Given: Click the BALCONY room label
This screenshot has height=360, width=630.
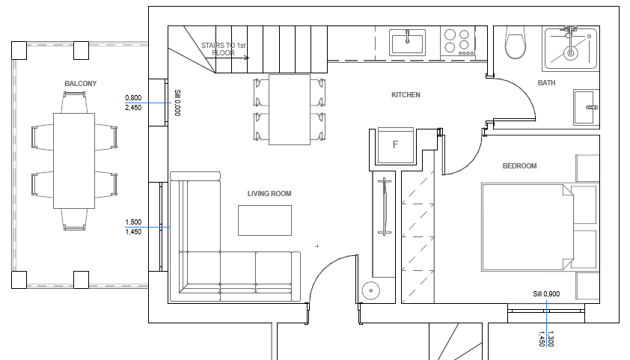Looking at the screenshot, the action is click(x=81, y=84).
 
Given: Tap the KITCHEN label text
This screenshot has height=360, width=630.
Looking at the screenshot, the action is click(x=406, y=95).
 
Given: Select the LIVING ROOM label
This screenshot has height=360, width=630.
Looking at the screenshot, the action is click(x=269, y=194).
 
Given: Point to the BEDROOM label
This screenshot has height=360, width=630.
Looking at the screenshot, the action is click(x=519, y=166).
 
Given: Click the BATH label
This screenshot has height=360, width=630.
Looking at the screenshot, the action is click(x=546, y=83).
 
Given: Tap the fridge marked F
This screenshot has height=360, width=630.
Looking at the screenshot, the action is click(x=396, y=145).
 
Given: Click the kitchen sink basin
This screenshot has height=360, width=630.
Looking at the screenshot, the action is click(x=408, y=42).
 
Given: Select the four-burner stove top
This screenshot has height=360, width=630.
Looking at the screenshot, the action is click(x=458, y=41).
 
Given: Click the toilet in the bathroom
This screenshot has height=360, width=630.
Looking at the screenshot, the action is click(x=515, y=42).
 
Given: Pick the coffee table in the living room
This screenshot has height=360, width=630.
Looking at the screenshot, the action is click(x=265, y=220).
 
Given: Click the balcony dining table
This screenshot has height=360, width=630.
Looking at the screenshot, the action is click(x=74, y=161).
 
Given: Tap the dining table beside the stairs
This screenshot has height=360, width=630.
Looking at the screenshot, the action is click(x=290, y=109).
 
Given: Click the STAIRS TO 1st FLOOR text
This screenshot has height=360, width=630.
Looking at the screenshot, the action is click(x=224, y=49).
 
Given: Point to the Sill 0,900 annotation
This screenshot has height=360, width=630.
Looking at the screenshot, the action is click(x=546, y=294).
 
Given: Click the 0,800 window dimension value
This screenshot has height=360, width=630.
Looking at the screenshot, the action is click(x=133, y=97).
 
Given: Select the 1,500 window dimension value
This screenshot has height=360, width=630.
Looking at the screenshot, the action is click(x=133, y=222).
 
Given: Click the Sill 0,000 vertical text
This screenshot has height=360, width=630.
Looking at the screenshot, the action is click(x=177, y=103).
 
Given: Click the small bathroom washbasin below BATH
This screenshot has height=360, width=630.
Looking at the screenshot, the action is click(x=586, y=107).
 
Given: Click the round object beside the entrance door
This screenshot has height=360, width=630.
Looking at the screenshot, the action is click(x=371, y=291).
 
